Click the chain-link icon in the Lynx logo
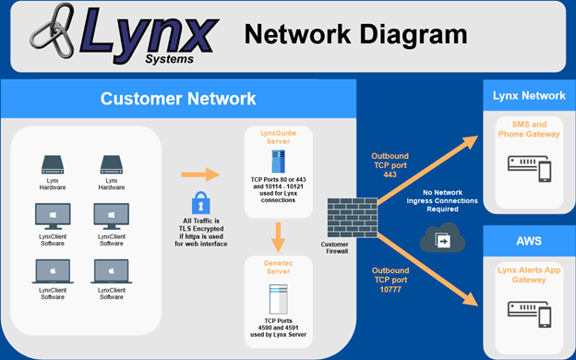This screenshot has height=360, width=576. [x=57, y=37]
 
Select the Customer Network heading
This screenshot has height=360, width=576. [x=177, y=99]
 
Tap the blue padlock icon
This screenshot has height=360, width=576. [x=201, y=202]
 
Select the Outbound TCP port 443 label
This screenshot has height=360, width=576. [x=391, y=164]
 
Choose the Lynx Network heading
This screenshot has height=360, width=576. [x=529, y=95]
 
